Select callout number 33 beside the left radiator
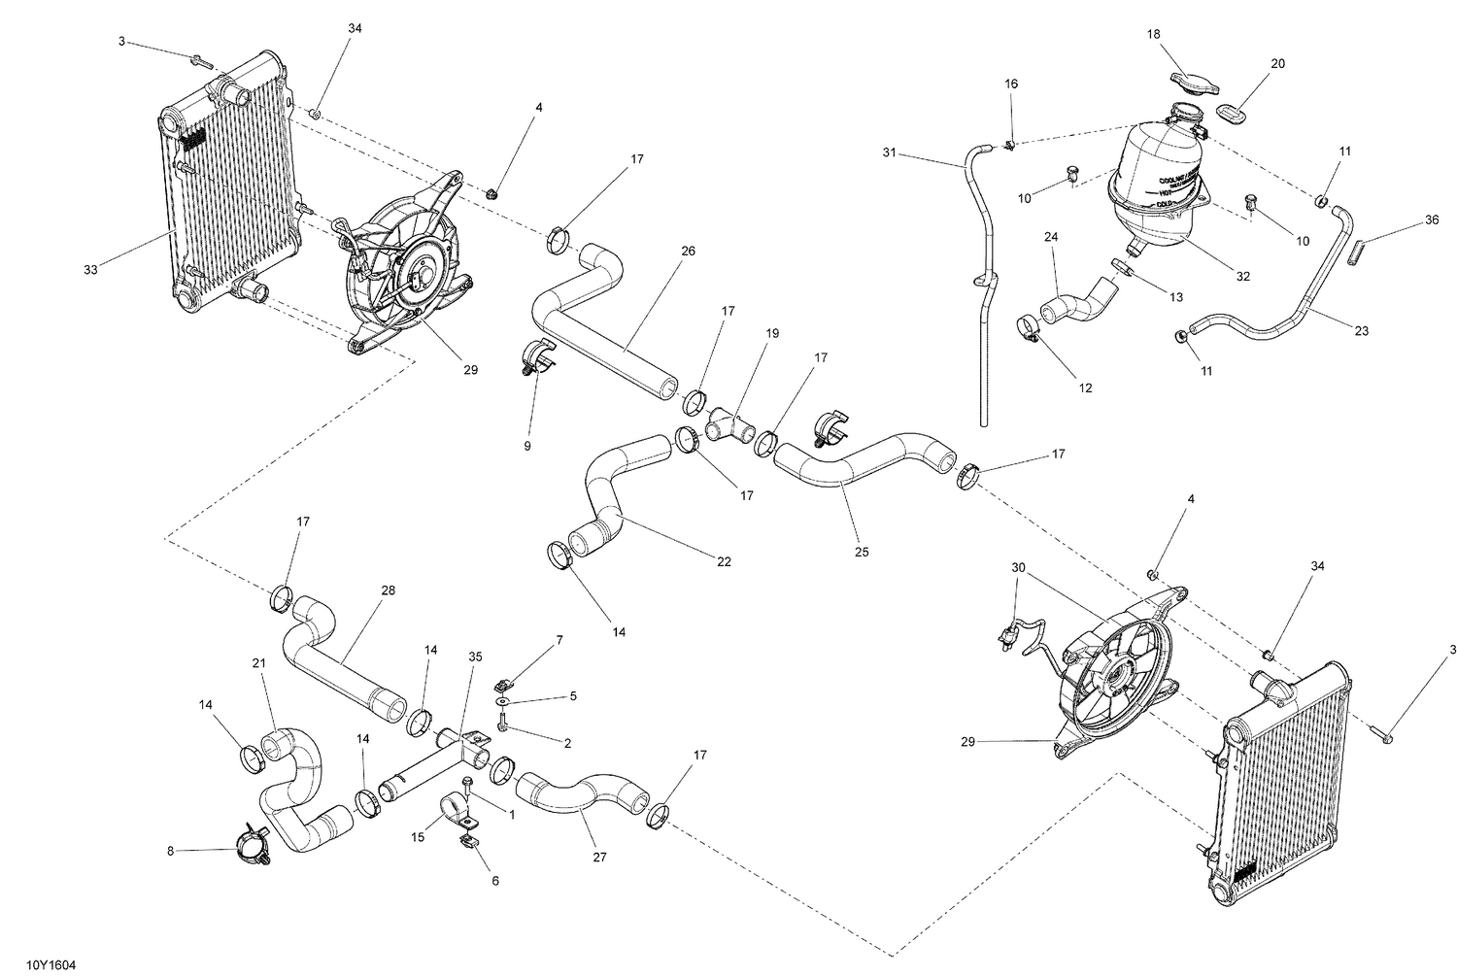[90, 270]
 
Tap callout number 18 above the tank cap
[1153, 34]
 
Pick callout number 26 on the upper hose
[688, 251]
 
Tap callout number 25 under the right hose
[862, 552]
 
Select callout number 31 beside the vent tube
[890, 152]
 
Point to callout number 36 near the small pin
[1432, 219]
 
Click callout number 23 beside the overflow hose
[1361, 331]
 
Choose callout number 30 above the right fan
[1018, 567]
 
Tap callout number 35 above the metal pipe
[475, 656]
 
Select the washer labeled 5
[503, 700]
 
